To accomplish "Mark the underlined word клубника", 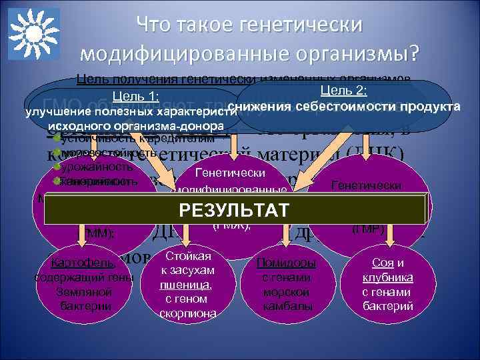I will [x=387, y=277].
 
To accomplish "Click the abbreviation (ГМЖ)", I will [x=231, y=226].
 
